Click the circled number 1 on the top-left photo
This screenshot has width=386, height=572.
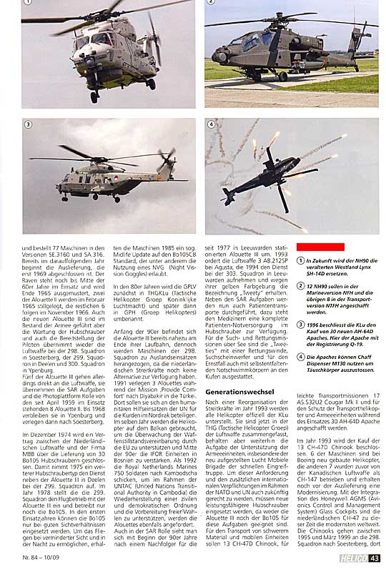coord(27,3)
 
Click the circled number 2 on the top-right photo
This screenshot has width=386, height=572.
coord(212,3)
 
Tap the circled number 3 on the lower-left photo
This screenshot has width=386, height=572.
coord(28,124)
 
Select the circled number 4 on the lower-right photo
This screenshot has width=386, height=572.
coord(212,124)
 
